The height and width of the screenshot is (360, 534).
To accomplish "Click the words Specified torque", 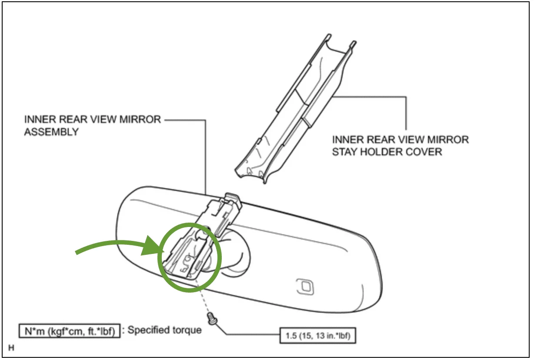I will [x=164, y=330].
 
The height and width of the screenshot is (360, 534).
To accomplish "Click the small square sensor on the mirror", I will [x=303, y=285].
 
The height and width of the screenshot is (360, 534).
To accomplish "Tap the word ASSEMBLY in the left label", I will [x=51, y=132].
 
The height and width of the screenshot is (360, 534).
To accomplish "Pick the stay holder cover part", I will [x=296, y=109].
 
